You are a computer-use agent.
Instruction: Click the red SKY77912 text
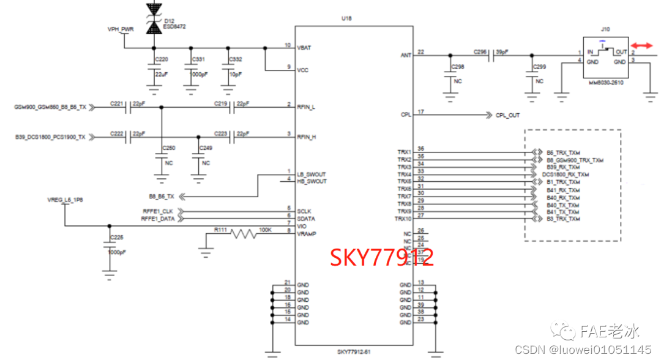click(382, 258)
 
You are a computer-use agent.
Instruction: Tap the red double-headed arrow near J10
click(641, 47)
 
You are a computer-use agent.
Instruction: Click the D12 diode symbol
click(152, 18)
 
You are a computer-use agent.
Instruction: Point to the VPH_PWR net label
click(121, 29)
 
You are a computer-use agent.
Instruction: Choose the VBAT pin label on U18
click(304, 47)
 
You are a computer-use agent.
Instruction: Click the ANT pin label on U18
click(406, 55)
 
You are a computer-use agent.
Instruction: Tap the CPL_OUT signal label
click(507, 115)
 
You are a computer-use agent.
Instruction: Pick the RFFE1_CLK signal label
click(158, 211)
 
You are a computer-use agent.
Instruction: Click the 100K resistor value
click(266, 230)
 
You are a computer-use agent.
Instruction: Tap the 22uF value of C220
click(162, 73)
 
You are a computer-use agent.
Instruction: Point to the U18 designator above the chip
click(346, 19)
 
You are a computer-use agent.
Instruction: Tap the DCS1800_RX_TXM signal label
click(565, 174)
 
